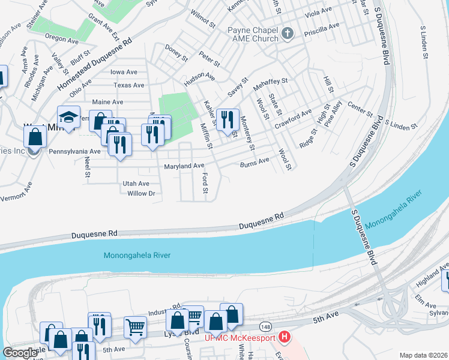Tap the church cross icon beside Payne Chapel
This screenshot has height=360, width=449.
288,33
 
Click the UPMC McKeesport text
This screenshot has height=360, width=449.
240,338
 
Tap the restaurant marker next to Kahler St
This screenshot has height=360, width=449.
227,119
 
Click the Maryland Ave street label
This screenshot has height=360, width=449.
184,166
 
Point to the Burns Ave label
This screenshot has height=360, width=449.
255,163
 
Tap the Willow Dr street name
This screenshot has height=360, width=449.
141,193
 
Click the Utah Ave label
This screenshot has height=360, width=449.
136,183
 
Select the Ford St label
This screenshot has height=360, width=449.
205,184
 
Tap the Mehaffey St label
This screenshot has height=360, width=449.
271,80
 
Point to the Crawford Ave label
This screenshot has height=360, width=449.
294,119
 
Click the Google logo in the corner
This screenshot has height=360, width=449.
19,353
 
